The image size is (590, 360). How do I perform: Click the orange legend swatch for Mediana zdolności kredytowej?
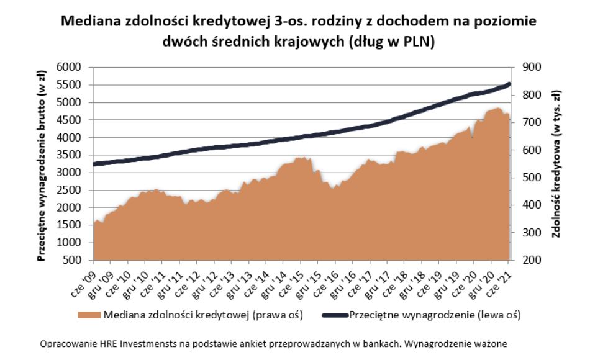[x=89, y=315]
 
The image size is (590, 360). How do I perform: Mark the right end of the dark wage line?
[x=509, y=84]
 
